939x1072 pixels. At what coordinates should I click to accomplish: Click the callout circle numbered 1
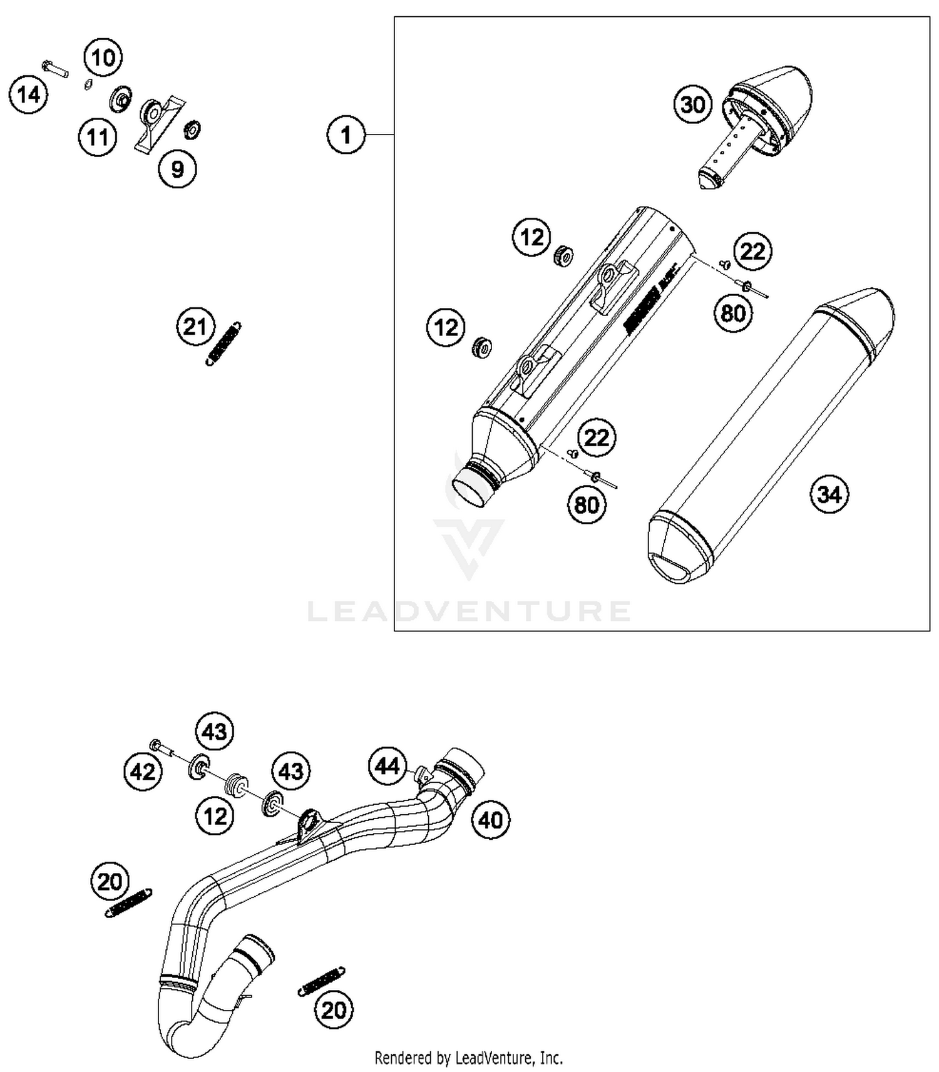pos(346,135)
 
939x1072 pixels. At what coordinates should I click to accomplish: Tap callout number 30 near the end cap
pos(692,105)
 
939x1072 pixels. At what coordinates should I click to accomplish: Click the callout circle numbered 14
pos(28,95)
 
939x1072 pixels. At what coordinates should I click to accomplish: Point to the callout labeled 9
pos(177,169)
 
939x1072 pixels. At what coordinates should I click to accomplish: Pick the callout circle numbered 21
pos(195,327)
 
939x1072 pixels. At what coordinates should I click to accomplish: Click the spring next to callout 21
pos(224,343)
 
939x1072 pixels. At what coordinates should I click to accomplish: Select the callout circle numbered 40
pos(490,820)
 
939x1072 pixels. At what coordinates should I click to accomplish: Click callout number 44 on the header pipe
pos(387,765)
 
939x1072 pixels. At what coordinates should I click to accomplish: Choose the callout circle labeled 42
pos(142,772)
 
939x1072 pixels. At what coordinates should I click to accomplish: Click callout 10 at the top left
pos(103,58)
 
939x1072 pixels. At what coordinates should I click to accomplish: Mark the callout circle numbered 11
pos(98,137)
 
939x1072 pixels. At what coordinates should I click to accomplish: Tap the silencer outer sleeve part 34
pos(770,438)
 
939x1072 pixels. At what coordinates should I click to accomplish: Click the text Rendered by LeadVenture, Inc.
pos(468,1058)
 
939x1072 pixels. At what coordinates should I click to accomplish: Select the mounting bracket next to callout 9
pos(158,122)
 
